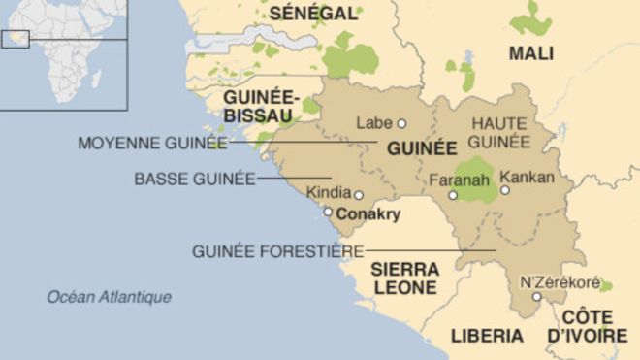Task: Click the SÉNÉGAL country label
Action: tap(313, 13)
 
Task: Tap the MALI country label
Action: tap(531, 52)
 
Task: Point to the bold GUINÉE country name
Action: tap(421, 149)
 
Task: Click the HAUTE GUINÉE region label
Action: tap(499, 133)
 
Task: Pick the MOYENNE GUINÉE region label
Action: tap(151, 144)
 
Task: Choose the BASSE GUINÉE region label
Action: tap(195, 179)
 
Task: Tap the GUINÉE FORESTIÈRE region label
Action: tap(277, 251)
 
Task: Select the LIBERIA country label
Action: tap(487, 336)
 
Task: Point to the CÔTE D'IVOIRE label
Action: tap(587, 327)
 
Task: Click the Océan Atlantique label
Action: tap(110, 297)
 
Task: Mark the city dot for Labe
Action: tap(401, 123)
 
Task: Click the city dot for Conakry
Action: tap(328, 212)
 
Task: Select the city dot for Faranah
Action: tap(452, 196)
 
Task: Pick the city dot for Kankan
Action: tap(504, 190)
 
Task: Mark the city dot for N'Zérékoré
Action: tap(536, 296)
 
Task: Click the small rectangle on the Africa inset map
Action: tap(16, 39)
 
